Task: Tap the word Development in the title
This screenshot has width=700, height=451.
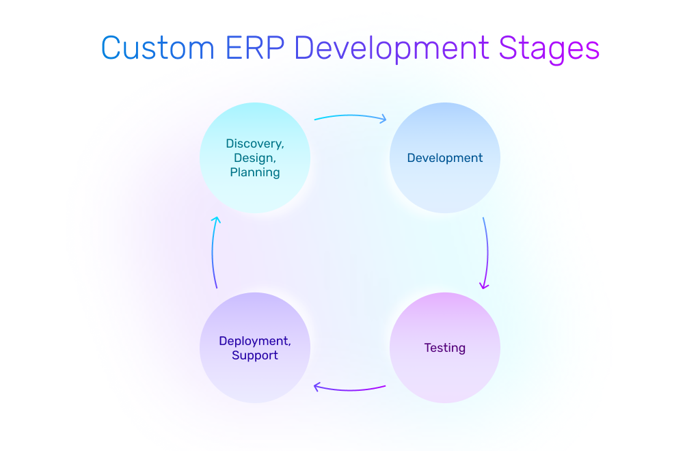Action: tap(392, 49)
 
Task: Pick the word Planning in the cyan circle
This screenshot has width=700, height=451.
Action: tap(255, 172)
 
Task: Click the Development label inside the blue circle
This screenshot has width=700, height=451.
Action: tap(445, 158)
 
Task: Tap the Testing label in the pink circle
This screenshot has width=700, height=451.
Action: tap(445, 348)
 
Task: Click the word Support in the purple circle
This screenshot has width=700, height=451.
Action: tap(255, 355)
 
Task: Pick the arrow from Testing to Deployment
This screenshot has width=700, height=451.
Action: tap(350, 389)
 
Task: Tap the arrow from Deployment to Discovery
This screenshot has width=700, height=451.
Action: tap(213, 253)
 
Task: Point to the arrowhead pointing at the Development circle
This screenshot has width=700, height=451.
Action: tap(383, 119)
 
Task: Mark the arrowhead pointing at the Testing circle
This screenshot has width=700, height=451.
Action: tap(484, 286)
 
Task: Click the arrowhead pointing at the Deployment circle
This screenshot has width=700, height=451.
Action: tap(317, 387)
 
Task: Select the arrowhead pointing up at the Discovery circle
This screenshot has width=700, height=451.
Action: tap(215, 220)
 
